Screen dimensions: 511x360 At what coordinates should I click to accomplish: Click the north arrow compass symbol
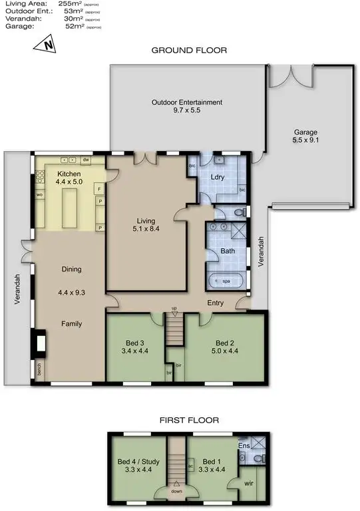pos(47,45)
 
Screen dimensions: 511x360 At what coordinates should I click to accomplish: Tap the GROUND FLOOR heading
pos(189,51)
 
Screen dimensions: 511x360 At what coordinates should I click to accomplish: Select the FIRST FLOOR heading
pos(189,420)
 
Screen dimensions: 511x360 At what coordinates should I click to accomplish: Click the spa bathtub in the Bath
pos(226,281)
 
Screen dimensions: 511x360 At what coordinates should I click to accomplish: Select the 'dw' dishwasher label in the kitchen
pos(86,160)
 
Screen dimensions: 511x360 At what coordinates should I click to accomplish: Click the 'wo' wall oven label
pos(39,194)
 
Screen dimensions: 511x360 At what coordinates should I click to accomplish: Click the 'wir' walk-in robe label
pos(249,484)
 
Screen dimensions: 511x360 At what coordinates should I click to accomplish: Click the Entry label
pos(214,303)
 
